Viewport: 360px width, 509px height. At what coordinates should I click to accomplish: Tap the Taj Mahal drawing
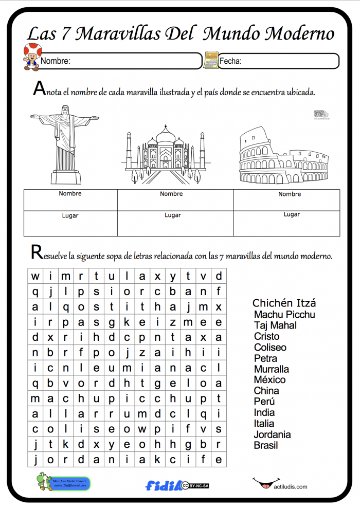[165, 154]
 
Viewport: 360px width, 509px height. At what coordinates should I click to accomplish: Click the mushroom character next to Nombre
[32, 57]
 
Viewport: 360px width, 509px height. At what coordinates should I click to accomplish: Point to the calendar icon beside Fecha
[211, 60]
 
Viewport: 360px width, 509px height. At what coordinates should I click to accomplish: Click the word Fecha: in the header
[230, 61]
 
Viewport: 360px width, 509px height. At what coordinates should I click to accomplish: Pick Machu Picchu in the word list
[284, 314]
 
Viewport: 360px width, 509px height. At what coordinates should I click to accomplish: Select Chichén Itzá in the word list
[284, 303]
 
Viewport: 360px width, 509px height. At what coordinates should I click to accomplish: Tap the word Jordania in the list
[272, 434]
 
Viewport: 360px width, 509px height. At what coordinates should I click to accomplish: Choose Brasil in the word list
[266, 445]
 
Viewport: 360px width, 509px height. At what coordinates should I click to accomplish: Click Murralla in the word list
[272, 369]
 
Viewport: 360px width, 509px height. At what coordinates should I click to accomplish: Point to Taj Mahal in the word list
[275, 325]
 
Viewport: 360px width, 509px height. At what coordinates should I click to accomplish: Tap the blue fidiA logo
[164, 485]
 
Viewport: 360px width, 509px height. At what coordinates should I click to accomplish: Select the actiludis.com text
[291, 487]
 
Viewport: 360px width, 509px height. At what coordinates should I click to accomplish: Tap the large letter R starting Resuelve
[37, 252]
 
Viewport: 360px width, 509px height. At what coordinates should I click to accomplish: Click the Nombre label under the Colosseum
[290, 194]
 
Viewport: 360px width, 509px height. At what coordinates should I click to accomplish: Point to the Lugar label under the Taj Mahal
[173, 215]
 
